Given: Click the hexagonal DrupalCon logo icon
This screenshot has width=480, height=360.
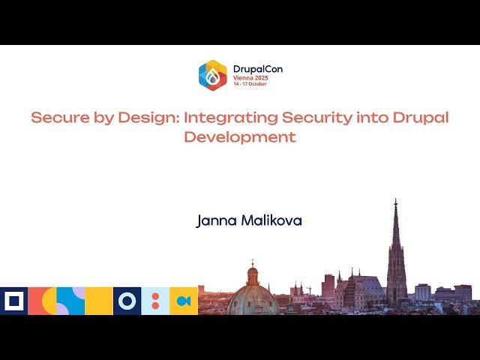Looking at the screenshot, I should pyautogui.click(x=213, y=75).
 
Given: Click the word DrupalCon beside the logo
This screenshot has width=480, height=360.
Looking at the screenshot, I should pyautogui.click(x=257, y=69).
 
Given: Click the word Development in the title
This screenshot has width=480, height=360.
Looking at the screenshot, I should pyautogui.click(x=240, y=137).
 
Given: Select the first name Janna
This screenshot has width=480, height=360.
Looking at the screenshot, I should pyautogui.click(x=214, y=221).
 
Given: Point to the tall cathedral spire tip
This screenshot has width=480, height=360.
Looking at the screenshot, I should pyautogui.click(x=396, y=201).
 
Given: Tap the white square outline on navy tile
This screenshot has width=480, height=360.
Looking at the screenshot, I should pyautogui.click(x=13, y=301).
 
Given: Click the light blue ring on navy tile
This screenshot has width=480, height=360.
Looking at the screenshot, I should pyautogui.click(x=127, y=301).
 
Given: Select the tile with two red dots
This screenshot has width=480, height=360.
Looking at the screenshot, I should pyautogui.click(x=155, y=301).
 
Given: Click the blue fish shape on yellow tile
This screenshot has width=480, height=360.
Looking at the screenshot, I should pyautogui.click(x=184, y=301).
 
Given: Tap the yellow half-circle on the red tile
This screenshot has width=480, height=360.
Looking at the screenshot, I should pyautogui.click(x=49, y=301).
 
